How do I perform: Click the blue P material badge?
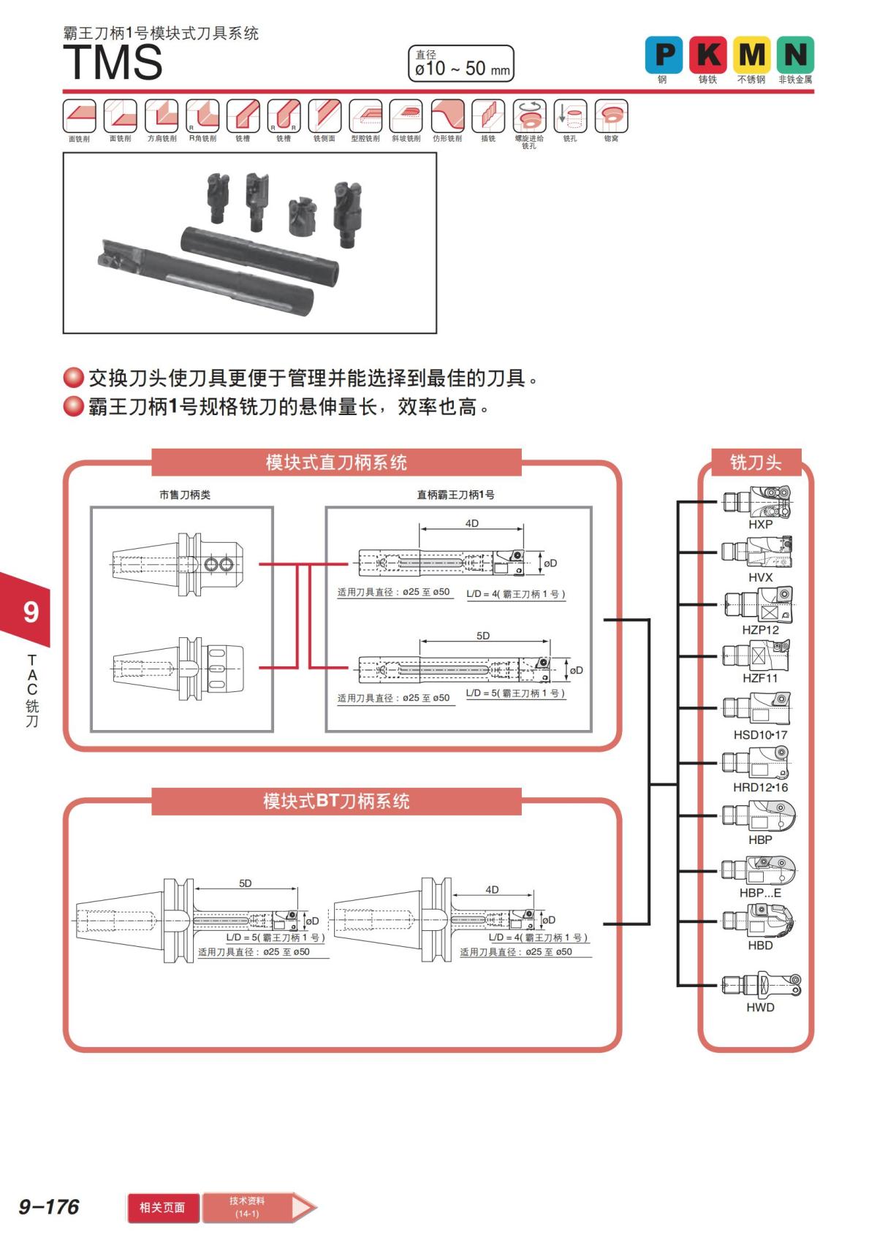pyautogui.click(x=664, y=55)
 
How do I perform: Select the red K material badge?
pyautogui.click(x=707, y=55)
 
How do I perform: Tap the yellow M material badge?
pyautogui.click(x=751, y=55)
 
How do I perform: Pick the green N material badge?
pyautogui.click(x=795, y=55)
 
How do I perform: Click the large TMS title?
pyautogui.click(x=113, y=63)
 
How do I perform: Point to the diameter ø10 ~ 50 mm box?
pyautogui.click(x=461, y=64)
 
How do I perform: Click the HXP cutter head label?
pyautogui.click(x=760, y=525)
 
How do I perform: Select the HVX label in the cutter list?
pyautogui.click(x=760, y=577)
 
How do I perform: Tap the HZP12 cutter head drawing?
pyautogui.click(x=758, y=605)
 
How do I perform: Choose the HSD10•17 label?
pyautogui.click(x=760, y=735)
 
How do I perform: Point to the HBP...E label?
pyautogui.click(x=760, y=893)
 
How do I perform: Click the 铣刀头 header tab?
pyautogui.click(x=756, y=463)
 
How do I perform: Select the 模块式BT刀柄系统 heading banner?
pyautogui.click(x=336, y=802)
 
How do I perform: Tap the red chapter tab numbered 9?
pyautogui.click(x=29, y=611)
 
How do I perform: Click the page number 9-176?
pyautogui.click(x=49, y=1206)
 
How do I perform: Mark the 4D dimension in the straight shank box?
pyautogui.click(x=471, y=523)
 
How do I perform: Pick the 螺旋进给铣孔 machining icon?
pyautogui.click(x=529, y=116)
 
